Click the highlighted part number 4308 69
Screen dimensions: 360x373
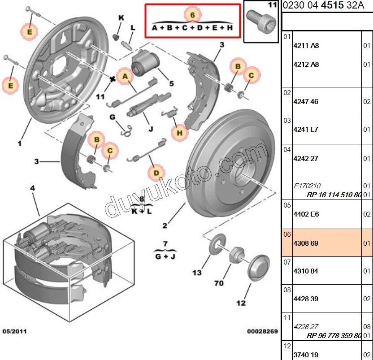(x=306, y=243)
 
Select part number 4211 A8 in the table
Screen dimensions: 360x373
(x=306, y=45)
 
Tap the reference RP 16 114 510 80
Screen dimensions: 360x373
(x=334, y=195)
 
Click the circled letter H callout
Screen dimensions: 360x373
(x=180, y=132)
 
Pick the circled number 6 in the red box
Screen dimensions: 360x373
(x=192, y=15)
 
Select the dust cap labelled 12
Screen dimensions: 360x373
(x=258, y=268)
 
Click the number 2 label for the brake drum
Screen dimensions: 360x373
(x=165, y=226)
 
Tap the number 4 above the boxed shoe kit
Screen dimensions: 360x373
(x=32, y=188)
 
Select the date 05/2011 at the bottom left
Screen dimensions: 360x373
(x=15, y=332)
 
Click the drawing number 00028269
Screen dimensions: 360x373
(x=262, y=332)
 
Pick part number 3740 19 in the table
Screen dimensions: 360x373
(x=306, y=355)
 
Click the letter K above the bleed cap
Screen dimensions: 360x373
(x=121, y=17)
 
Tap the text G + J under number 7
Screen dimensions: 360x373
(x=165, y=256)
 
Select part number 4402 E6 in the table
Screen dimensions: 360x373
(x=306, y=214)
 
